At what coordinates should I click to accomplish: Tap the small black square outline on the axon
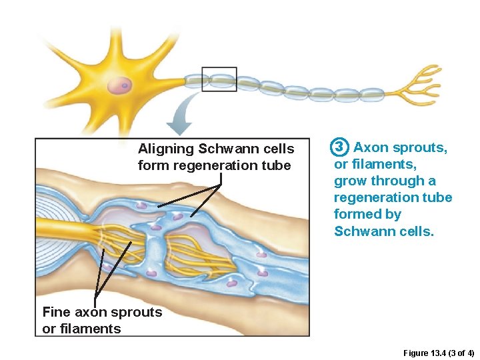[x=219, y=79]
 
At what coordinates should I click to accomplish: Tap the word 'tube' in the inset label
[x=277, y=165]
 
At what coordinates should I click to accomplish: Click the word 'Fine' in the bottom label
[x=56, y=312]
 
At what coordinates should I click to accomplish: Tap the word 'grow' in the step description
[x=351, y=181]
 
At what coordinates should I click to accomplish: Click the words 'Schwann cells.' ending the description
[x=384, y=231]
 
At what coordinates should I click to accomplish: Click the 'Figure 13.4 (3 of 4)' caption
[x=439, y=351]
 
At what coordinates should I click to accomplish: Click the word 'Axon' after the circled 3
[x=371, y=147]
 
